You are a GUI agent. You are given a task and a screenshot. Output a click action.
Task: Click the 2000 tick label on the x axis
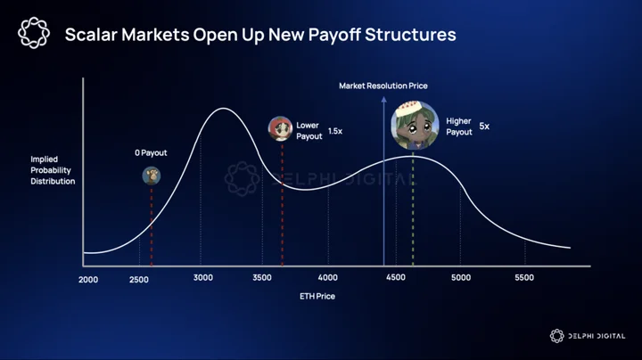pyautogui.click(x=88, y=280)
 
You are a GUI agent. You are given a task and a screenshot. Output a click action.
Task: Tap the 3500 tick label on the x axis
pyautogui.click(x=262, y=278)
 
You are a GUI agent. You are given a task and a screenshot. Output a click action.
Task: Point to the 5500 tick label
pyautogui.click(x=524, y=278)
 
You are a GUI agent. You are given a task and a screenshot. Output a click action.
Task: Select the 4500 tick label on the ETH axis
pyautogui.click(x=396, y=278)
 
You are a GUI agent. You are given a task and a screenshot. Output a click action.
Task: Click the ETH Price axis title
pyautogui.click(x=317, y=296)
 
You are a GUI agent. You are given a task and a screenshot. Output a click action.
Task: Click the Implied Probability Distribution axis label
pyautogui.click(x=53, y=170)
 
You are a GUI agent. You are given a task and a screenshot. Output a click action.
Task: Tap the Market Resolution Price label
pyautogui.click(x=383, y=86)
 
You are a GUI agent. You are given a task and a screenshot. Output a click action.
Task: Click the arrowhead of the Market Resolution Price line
pyautogui.click(x=383, y=99)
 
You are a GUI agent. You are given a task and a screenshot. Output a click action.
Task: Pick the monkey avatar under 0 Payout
pyautogui.click(x=151, y=176)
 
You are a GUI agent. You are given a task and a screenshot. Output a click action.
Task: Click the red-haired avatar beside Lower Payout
pyautogui.click(x=280, y=128)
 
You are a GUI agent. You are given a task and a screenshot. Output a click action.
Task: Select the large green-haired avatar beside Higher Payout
pyautogui.click(x=415, y=125)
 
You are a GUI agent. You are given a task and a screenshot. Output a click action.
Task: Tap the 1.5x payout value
pyautogui.click(x=335, y=131)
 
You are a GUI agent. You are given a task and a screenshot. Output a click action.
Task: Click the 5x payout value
pyautogui.click(x=484, y=126)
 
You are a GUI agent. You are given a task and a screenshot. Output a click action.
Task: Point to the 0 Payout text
pyautogui.click(x=151, y=153)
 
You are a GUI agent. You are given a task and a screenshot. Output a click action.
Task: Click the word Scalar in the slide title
pyautogui.click(x=91, y=35)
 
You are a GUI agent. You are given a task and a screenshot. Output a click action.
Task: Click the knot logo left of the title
pyautogui.click(x=34, y=33)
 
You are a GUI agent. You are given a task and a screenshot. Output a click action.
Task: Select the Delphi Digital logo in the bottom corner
pyautogui.click(x=588, y=336)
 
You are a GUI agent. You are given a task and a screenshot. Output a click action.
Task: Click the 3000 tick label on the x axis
pyautogui.click(x=203, y=278)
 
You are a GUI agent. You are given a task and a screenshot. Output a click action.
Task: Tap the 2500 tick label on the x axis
pyautogui.click(x=139, y=280)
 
